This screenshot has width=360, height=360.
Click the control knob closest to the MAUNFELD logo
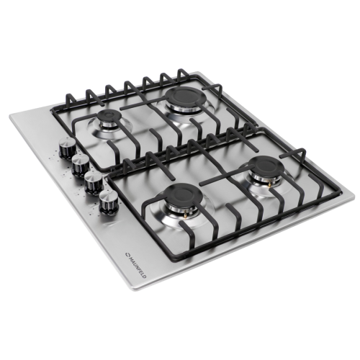tap(107, 202)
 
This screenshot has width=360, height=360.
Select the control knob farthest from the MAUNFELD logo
tap(68, 148)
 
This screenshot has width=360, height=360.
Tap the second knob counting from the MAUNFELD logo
tap(94, 182)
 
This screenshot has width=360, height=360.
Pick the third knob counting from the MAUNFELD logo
tap(81, 165)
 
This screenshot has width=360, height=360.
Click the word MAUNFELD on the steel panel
tap(136, 267)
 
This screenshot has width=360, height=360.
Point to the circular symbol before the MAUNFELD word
tap(127, 256)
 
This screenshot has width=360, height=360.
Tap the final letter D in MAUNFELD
tap(144, 276)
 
